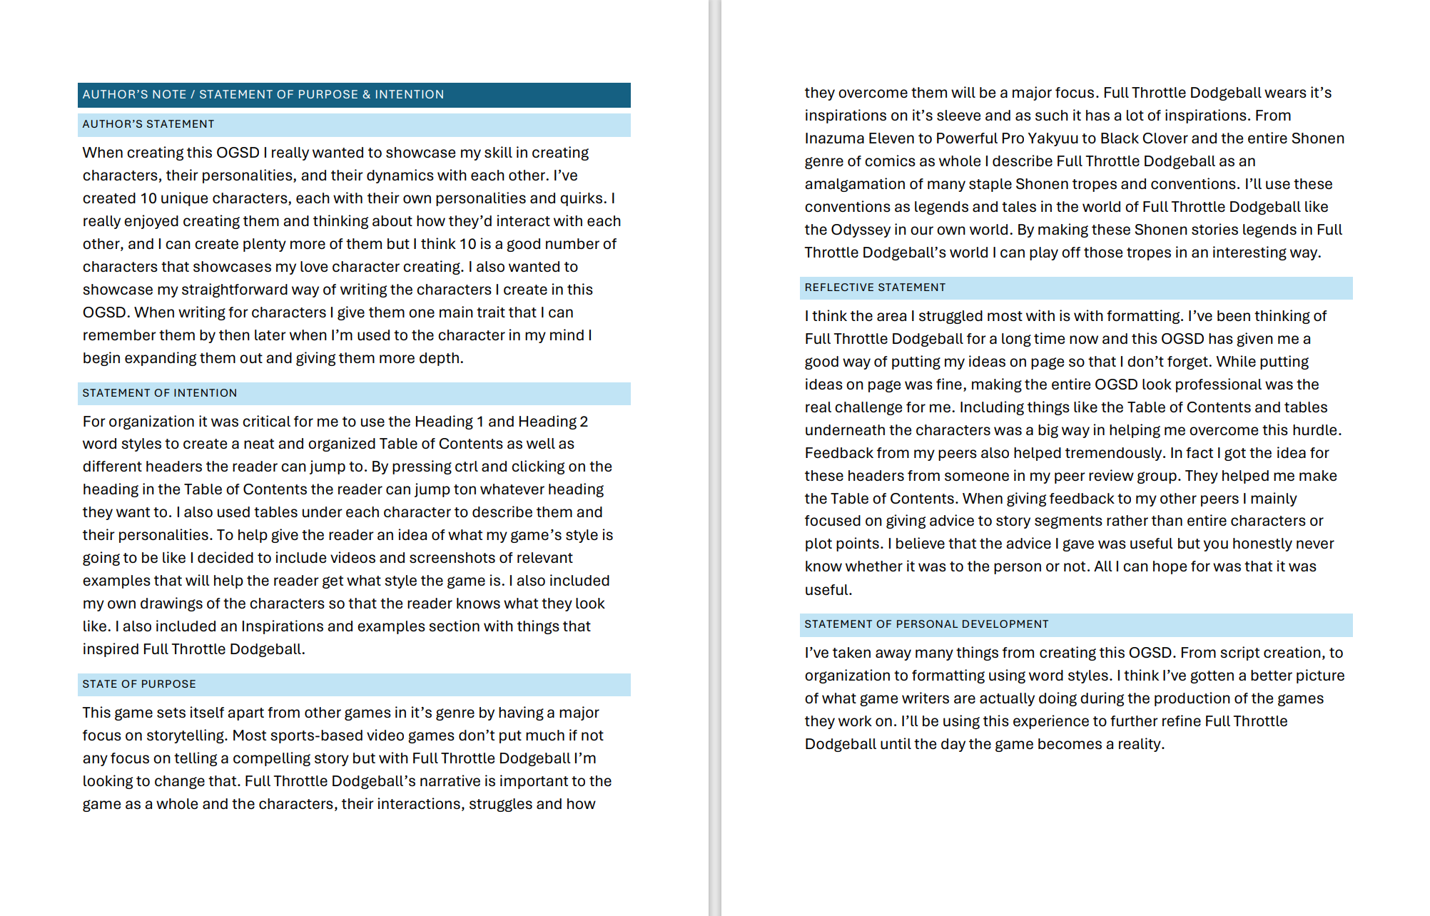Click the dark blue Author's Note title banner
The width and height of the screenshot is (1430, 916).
354,95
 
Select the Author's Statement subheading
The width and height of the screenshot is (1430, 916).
148,124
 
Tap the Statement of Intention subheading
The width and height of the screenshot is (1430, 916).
160,393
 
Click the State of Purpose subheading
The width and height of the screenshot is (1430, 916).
139,684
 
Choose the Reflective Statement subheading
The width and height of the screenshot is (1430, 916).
875,287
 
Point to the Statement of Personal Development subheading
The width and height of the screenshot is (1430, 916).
926,624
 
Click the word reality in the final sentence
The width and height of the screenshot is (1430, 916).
1140,744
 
